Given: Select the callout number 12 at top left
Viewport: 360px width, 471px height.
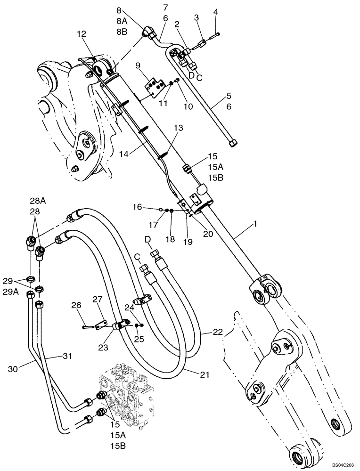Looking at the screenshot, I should [82, 34].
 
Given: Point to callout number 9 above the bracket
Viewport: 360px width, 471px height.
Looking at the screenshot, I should [139, 65].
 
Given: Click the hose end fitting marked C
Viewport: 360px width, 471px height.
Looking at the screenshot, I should [145, 271].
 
